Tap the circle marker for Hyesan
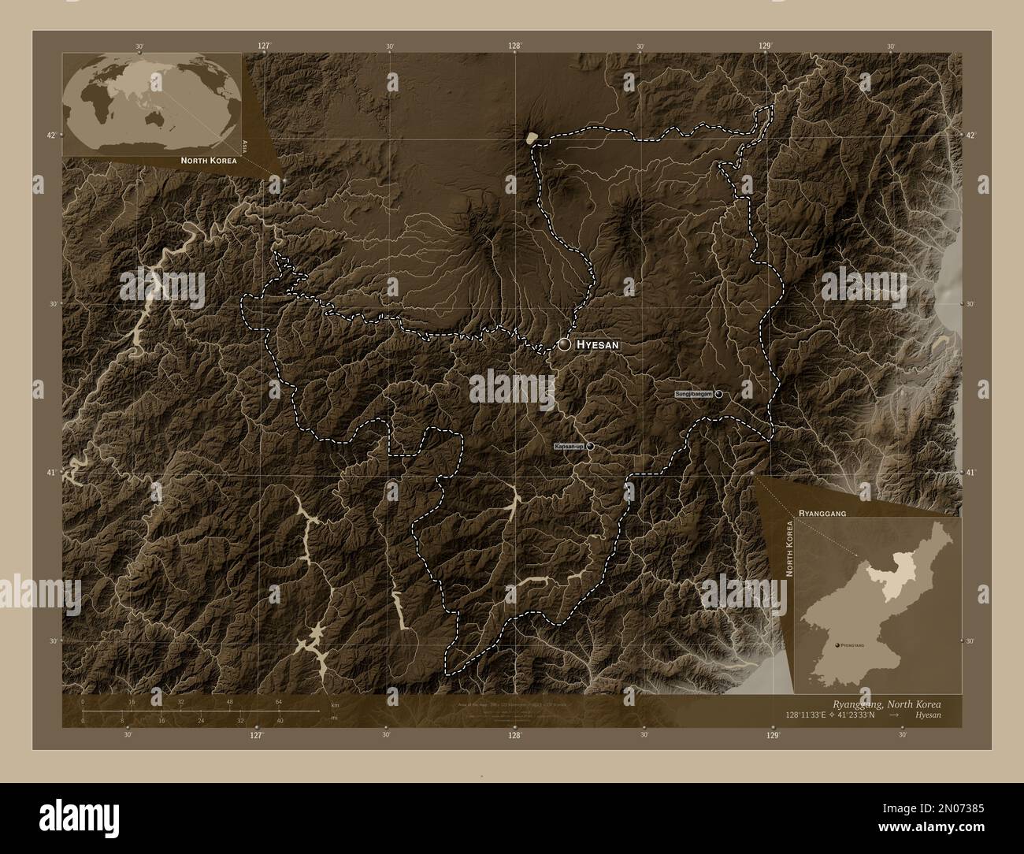point(565,344)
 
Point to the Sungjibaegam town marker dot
point(718,393)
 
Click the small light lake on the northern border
point(532,138)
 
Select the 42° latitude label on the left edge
point(51,136)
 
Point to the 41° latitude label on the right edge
point(971,473)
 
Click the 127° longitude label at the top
point(264,46)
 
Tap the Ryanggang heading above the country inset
point(822,512)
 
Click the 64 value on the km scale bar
point(278,703)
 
